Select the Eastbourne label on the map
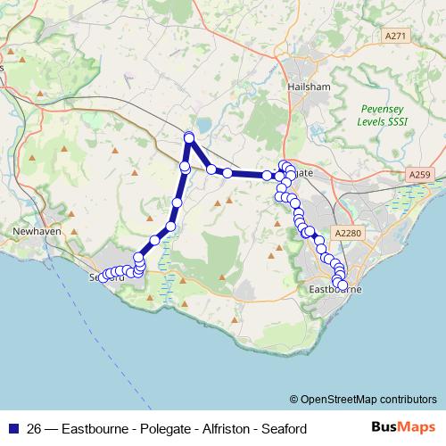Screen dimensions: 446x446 (333, 291)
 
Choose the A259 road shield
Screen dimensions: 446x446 (417, 173)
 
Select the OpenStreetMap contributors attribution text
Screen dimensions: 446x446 (362, 399)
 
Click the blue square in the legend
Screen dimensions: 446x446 (12, 429)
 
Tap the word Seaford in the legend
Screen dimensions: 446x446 (281, 429)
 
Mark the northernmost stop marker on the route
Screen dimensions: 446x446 (189, 136)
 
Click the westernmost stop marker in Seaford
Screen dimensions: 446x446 (103, 277)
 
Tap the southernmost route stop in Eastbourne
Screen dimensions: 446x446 (343, 285)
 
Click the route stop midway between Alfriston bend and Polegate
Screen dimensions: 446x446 (227, 173)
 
